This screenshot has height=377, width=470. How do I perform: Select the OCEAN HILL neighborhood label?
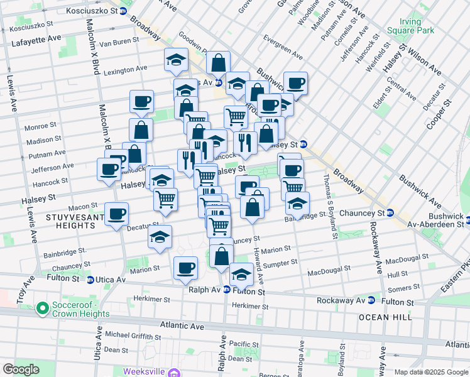coord(385,317)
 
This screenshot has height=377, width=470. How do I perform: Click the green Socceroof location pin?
coord(43,308)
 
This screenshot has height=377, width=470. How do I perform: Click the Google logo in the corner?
coord(21,369)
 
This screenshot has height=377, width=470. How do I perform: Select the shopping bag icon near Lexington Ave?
coord(218,63)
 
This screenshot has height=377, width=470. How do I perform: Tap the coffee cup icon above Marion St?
coord(185,268)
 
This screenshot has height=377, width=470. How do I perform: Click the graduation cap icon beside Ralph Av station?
coord(241,274)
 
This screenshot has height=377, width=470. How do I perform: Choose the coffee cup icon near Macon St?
coord(117,214)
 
